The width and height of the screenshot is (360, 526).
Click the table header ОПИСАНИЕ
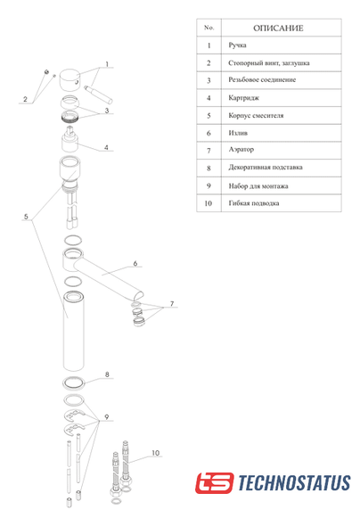278,29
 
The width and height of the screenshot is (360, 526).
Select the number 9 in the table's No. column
209,185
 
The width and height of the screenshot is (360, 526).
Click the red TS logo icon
215,482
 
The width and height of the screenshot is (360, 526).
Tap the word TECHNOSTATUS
294,482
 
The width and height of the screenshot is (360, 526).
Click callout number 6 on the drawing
135,263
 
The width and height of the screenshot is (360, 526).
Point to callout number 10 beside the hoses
156,453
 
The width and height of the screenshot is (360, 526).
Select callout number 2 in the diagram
25,99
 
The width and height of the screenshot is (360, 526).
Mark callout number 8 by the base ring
107,374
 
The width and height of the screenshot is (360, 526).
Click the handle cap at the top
70,80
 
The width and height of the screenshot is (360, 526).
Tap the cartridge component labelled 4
70,139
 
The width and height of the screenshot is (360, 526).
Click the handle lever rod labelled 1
98,95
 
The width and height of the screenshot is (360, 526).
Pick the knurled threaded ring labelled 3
70,116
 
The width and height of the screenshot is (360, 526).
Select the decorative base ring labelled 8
74,383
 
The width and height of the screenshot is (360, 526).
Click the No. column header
209,28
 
